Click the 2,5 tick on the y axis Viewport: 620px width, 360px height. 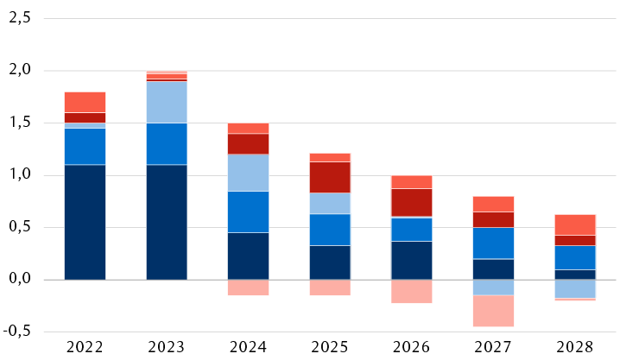(x=19, y=18)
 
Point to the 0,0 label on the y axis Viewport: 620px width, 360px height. (x=19, y=280)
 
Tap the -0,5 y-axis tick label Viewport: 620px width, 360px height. (x=16, y=332)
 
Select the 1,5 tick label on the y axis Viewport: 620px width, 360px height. (x=19, y=123)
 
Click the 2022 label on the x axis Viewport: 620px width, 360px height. (x=85, y=347)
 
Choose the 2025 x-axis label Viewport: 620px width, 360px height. (x=329, y=347)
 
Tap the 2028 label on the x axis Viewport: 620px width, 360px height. (x=574, y=347)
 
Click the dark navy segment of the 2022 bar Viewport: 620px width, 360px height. (x=85, y=222)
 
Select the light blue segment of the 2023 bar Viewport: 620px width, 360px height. (x=167, y=102)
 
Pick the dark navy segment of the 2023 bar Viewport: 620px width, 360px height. (x=167, y=222)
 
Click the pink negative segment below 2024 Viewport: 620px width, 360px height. (x=248, y=287)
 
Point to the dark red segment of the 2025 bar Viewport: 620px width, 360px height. (x=329, y=177)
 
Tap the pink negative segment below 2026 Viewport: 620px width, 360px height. (x=411, y=291)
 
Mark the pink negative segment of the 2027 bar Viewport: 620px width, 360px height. (x=492, y=311)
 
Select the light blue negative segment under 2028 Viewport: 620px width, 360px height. (x=574, y=288)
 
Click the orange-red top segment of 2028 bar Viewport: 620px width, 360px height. (x=574, y=224)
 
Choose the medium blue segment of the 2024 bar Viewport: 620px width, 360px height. (x=248, y=212)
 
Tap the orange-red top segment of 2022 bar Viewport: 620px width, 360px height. (x=85, y=102)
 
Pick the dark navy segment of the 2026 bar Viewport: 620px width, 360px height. (x=411, y=260)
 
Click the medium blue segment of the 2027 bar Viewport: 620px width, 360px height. (x=492, y=243)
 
